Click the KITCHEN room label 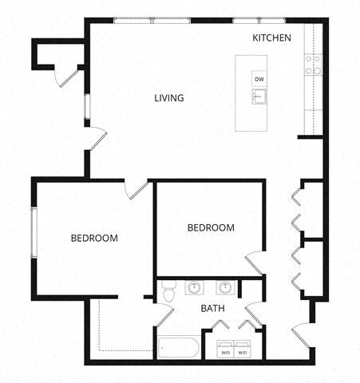(x=272, y=38)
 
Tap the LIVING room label (x=169, y=98)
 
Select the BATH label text (x=212, y=308)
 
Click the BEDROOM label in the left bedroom (x=94, y=238)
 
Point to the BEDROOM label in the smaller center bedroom (x=211, y=227)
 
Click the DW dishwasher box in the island (x=259, y=79)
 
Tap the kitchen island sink (x=259, y=97)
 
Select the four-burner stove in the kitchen (x=312, y=64)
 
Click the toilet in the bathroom (x=167, y=294)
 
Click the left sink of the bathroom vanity (x=194, y=287)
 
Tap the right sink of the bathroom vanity (x=226, y=287)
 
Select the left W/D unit (x=225, y=350)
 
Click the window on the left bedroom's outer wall (x=33, y=232)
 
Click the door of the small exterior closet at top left (x=68, y=77)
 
